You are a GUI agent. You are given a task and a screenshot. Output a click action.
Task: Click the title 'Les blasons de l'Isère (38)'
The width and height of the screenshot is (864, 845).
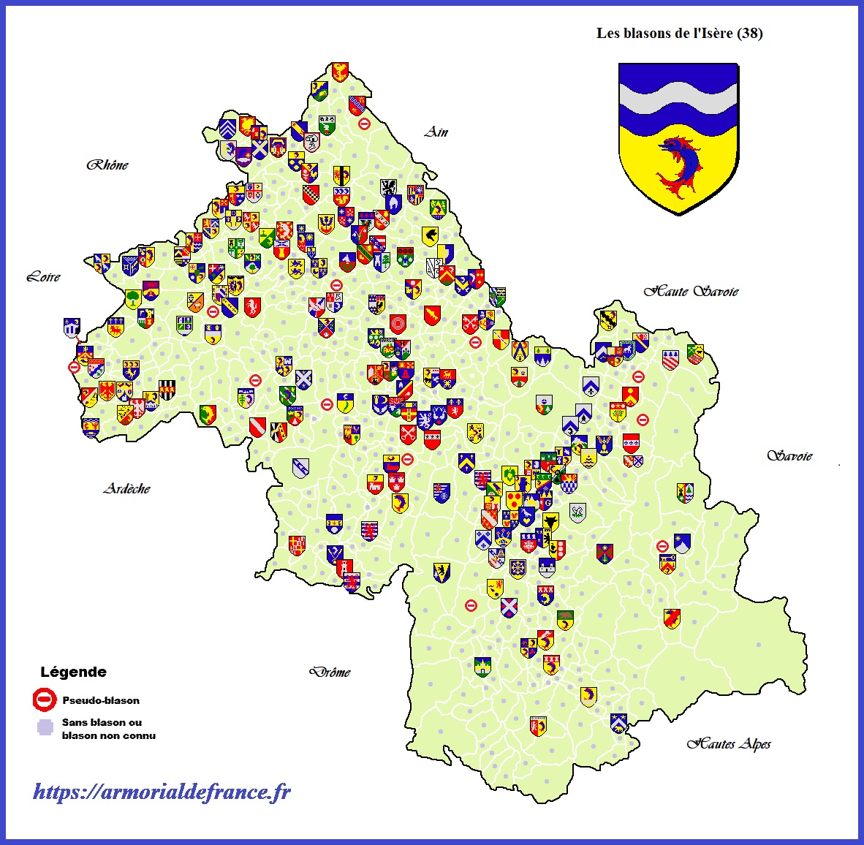(679, 33)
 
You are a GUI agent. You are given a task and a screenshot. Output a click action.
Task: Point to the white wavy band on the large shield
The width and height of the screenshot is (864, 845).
(678, 99)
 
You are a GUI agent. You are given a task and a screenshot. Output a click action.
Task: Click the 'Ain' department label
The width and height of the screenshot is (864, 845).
(436, 132)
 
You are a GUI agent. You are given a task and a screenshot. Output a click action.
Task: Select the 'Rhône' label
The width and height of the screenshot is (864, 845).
(107, 164)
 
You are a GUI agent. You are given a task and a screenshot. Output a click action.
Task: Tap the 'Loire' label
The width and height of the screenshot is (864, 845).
(43, 276)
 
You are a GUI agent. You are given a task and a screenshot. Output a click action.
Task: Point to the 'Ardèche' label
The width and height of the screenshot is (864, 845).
(127, 488)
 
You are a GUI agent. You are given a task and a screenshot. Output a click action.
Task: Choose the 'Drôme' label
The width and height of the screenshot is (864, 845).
(330, 672)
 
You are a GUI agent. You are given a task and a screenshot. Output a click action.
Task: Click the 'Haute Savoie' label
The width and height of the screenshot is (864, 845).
(691, 291)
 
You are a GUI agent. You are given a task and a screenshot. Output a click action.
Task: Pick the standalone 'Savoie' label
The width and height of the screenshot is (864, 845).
(789, 455)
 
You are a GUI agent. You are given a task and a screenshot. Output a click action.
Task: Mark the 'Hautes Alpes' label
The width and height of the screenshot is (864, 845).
(729, 744)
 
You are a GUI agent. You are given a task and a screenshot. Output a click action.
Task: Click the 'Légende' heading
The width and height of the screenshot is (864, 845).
(73, 672)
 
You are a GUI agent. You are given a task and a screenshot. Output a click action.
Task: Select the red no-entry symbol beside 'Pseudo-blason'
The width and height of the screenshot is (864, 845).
(45, 700)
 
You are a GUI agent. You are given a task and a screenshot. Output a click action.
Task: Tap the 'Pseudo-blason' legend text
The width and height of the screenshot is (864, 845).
(101, 700)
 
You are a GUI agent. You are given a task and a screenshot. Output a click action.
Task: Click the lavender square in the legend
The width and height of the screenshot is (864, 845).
(45, 727)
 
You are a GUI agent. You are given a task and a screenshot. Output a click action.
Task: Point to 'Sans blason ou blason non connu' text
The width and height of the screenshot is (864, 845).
(108, 729)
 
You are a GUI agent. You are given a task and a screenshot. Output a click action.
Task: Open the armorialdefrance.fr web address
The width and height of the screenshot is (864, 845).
(162, 792)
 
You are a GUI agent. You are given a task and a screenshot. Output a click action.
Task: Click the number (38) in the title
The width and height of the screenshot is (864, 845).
(750, 33)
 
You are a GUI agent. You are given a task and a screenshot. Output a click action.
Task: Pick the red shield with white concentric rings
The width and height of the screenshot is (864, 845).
(398, 323)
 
